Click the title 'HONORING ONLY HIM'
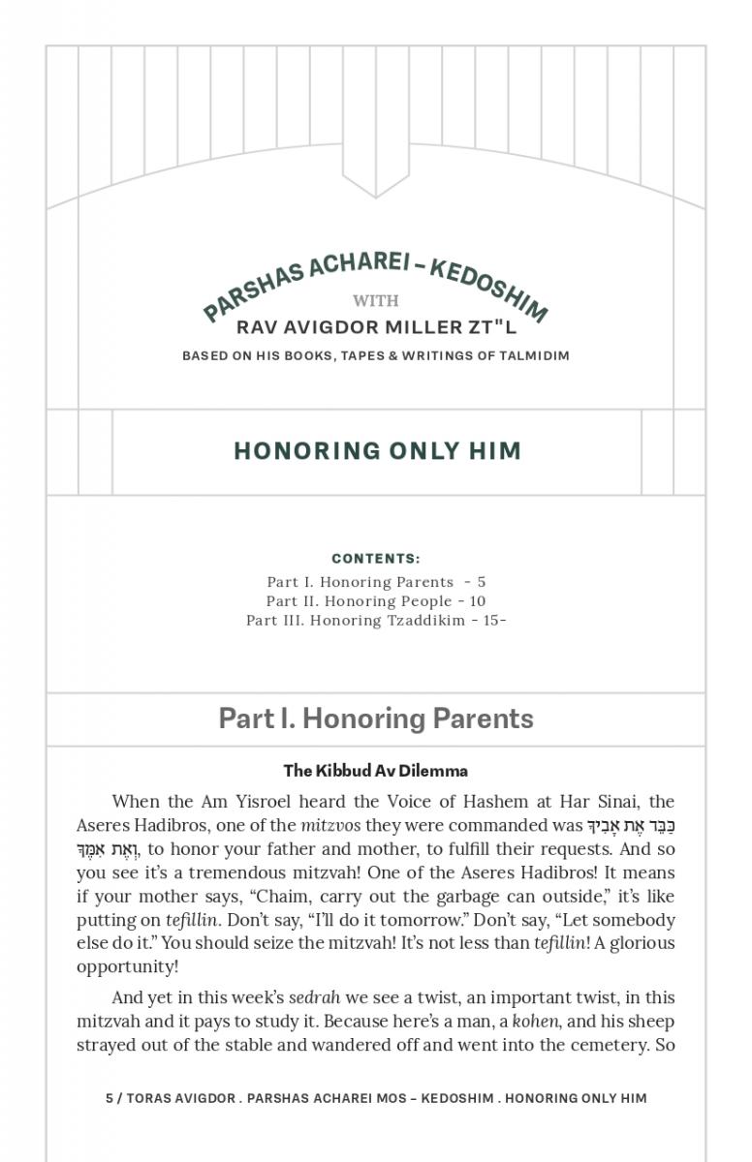click(377, 451)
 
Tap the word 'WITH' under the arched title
click(376, 300)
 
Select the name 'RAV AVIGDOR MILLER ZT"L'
click(376, 327)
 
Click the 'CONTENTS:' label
click(376, 559)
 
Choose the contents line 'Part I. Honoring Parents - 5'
click(376, 582)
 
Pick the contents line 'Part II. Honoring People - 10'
click(376, 601)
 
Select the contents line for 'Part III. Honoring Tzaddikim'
click(376, 621)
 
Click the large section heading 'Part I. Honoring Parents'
click(376, 719)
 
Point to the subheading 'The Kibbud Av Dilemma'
click(376, 771)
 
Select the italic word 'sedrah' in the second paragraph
click(315, 998)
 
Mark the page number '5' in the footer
click(110, 1098)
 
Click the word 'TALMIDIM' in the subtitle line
click(534, 355)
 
